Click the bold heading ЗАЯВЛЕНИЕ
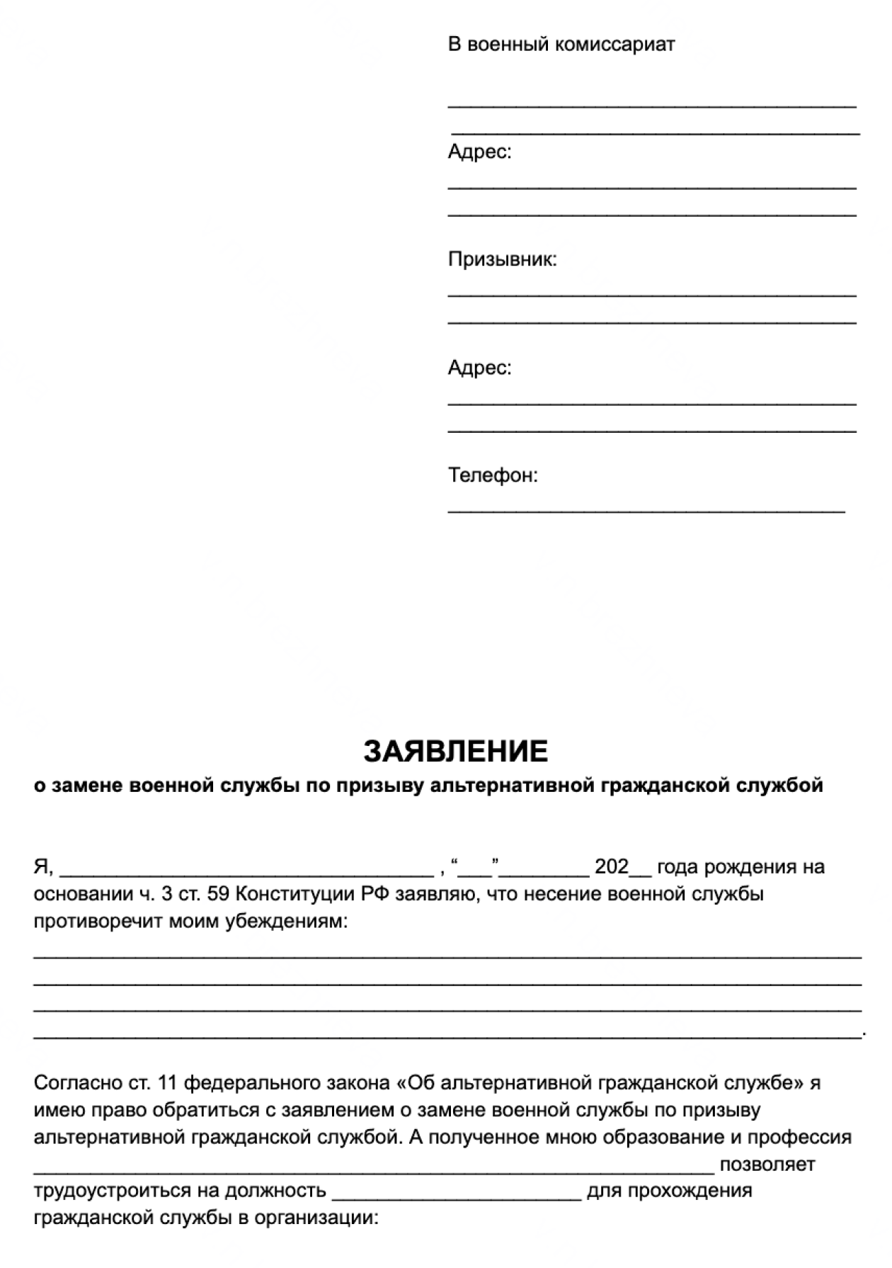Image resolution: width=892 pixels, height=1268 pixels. click(x=456, y=751)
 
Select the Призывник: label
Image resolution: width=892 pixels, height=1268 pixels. click(x=502, y=260)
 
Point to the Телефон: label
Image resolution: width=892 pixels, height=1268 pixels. click(x=493, y=475)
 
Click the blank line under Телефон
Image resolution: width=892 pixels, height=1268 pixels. click(x=646, y=508)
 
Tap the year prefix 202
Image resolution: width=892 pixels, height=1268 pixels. click(x=612, y=867)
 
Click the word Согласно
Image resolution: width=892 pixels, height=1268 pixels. click(x=76, y=1083)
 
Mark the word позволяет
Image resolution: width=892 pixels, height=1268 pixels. click(x=767, y=1165)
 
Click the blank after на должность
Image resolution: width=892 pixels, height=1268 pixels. click(x=456, y=1194)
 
